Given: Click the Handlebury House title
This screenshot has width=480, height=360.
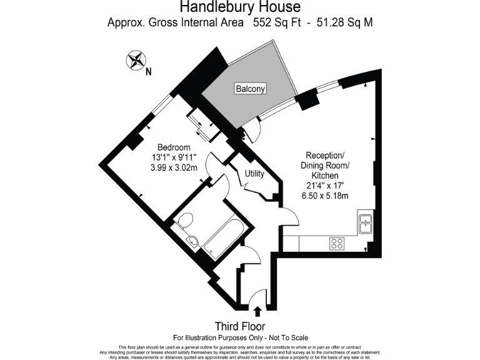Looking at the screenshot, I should pyautogui.click(x=240, y=7).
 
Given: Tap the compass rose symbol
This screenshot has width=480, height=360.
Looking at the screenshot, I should pyautogui.click(x=135, y=61).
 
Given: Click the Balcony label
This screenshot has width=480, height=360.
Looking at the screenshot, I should pyautogui.click(x=250, y=89).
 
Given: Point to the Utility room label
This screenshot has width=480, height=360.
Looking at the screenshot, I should pyautogui.click(x=254, y=173).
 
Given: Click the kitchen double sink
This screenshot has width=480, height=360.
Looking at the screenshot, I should pyautogui.click(x=365, y=223).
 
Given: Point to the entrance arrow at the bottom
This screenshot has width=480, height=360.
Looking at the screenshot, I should pyautogui.click(x=257, y=310).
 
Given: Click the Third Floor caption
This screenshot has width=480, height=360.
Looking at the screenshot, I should pyautogui.click(x=240, y=326).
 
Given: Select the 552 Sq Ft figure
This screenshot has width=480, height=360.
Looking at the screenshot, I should pyautogui.click(x=276, y=23).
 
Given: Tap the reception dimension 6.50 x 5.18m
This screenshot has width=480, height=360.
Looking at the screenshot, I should pyautogui.click(x=324, y=196).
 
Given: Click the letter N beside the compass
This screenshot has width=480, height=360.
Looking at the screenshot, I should pyautogui.click(x=149, y=71).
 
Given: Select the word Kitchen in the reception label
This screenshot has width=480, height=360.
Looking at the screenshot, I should pyautogui.click(x=324, y=176).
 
